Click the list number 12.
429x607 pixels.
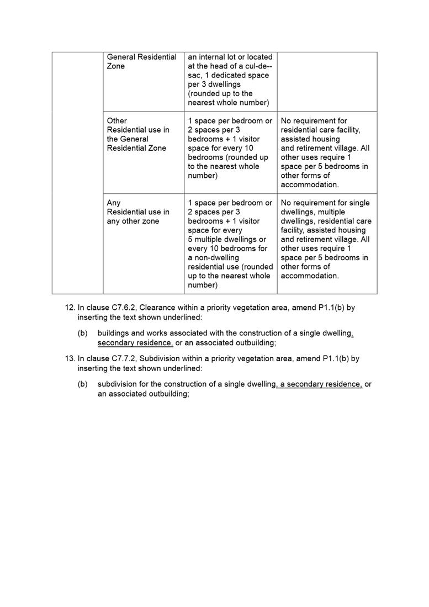coord(70,308)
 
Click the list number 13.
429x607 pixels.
coord(70,358)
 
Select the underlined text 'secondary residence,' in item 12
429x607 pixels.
coord(135,343)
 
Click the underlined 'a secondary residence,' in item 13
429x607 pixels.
coord(320,384)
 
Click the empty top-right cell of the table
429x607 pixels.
coord(327,82)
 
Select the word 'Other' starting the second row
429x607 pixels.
coord(116,121)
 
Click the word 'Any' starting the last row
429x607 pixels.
coord(114,203)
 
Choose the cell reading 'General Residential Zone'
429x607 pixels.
coord(141,62)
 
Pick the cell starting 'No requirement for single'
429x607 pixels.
coord(326,239)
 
